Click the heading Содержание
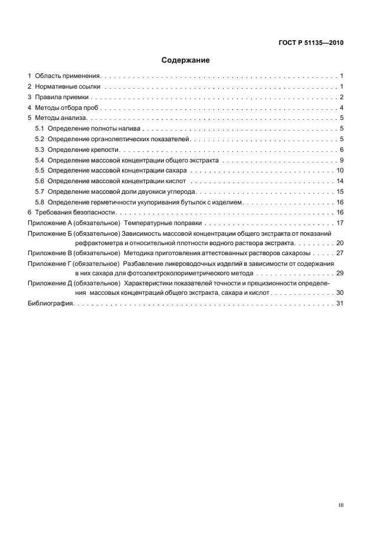(185, 60)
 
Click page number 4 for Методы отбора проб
(342, 108)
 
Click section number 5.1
(40, 129)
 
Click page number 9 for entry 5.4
(342, 161)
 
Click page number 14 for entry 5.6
(340, 181)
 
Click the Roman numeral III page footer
(340, 505)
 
